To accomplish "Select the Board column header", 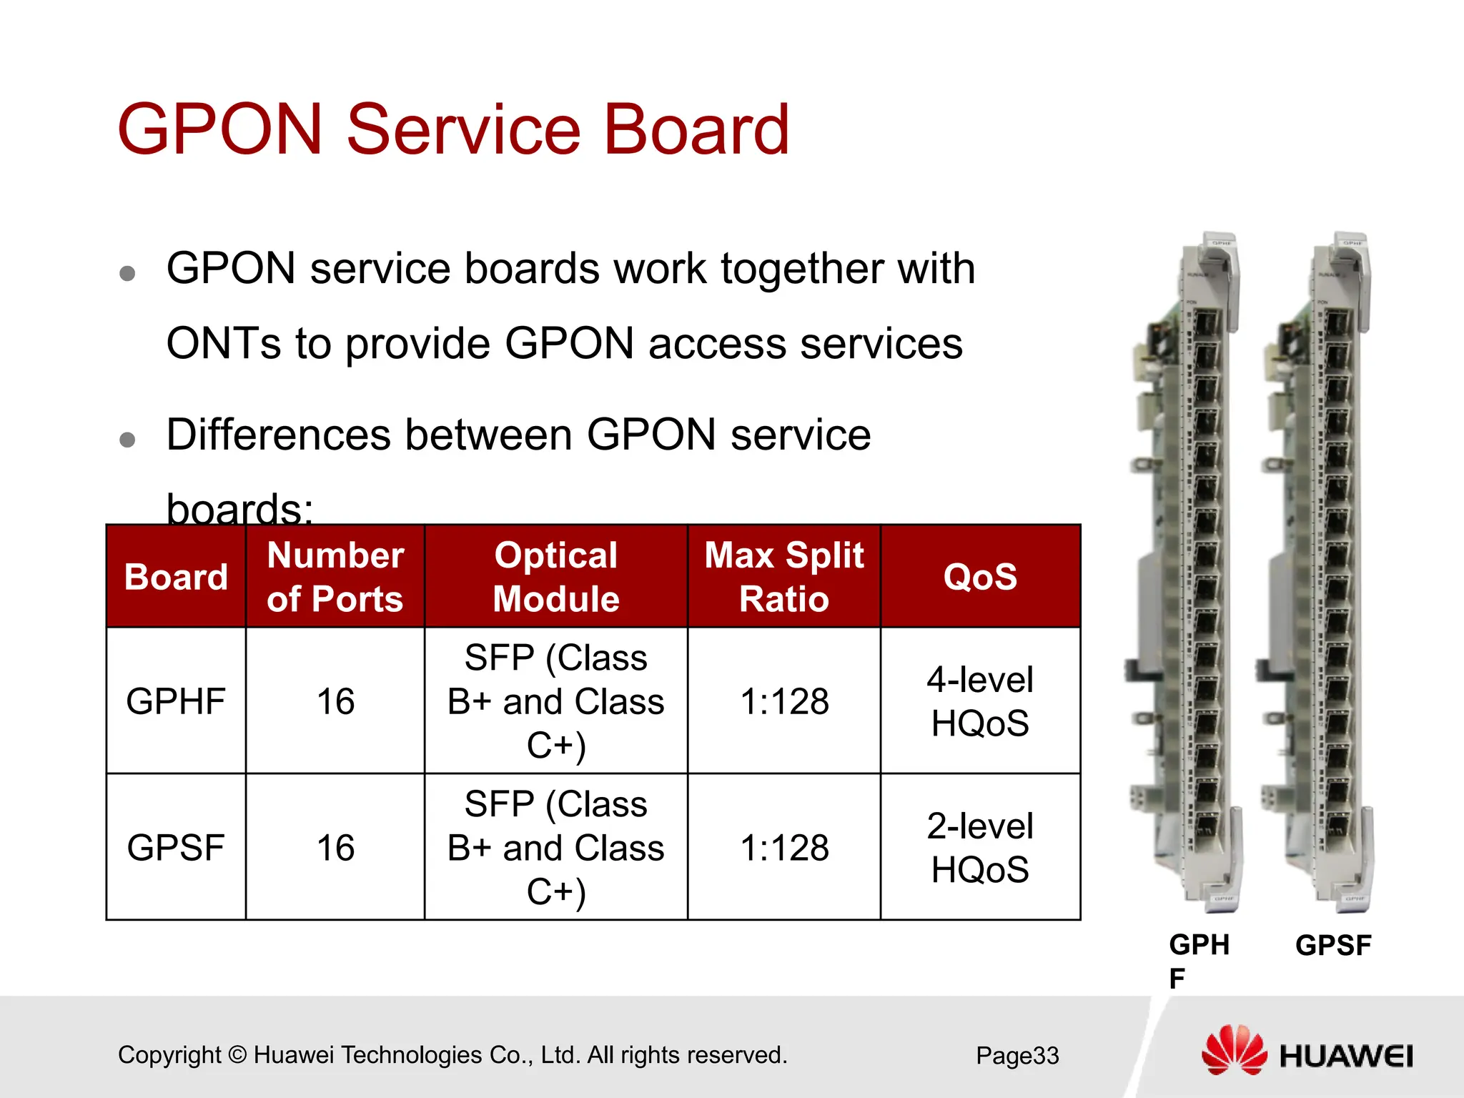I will [x=176, y=577].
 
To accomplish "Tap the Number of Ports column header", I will [x=335, y=577].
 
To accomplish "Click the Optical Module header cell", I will [x=556, y=577].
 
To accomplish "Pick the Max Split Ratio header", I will [x=784, y=577].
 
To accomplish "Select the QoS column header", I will [x=980, y=577].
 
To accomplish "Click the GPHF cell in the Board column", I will [x=176, y=701].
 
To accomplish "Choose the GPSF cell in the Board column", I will [x=176, y=848].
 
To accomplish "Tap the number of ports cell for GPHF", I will [x=335, y=701].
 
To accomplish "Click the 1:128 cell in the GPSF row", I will [x=784, y=848].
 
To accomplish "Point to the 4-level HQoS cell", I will [x=980, y=701].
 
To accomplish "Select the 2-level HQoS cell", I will [x=980, y=848].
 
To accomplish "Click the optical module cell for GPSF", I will [x=556, y=848].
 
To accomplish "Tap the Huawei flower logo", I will [x=1234, y=1051].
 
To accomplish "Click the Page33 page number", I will [x=1017, y=1056].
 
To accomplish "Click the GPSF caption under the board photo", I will [x=1333, y=946].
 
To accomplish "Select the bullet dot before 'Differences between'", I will [x=127, y=439].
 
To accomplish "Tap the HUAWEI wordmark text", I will [x=1346, y=1057].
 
